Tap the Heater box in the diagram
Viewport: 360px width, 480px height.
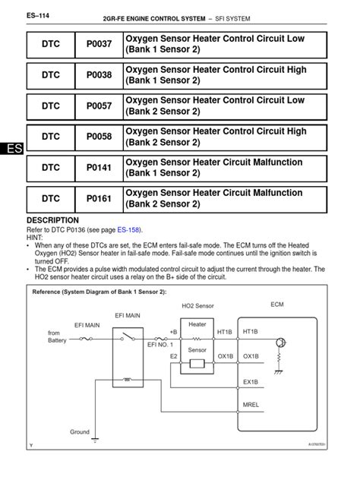point(197,324)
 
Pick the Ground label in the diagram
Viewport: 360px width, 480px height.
point(80,431)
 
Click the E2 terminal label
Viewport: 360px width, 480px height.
point(174,355)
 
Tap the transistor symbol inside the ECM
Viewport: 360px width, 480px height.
point(279,343)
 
